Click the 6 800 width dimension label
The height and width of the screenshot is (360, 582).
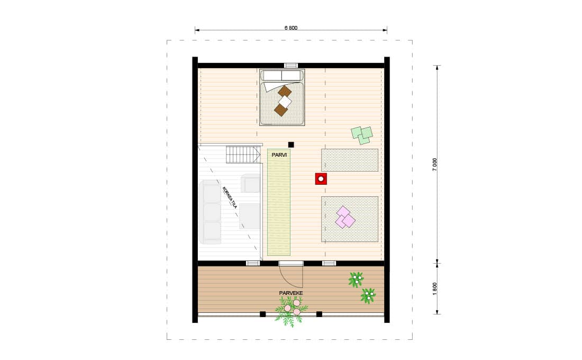[x=290, y=28]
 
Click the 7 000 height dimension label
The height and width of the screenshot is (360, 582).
[x=434, y=165]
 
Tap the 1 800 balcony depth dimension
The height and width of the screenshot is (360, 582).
[x=434, y=289]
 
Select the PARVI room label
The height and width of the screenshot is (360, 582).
[x=279, y=155]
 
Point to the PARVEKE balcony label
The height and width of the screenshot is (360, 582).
[x=291, y=293]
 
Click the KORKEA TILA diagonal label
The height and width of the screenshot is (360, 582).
[x=230, y=197]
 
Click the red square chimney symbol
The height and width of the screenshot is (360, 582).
[x=321, y=179]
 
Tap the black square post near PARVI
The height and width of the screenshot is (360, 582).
[x=291, y=145]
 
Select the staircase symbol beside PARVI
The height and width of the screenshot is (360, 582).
[x=243, y=155]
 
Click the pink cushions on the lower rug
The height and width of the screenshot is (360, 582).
[x=345, y=218]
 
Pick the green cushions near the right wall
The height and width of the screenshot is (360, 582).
[x=361, y=135]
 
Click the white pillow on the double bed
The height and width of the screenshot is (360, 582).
[x=285, y=101]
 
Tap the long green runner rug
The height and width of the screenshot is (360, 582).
[x=279, y=202]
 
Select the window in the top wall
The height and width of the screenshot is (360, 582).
[x=291, y=66]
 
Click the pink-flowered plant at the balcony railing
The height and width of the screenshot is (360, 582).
[x=292, y=311]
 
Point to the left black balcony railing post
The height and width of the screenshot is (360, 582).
[x=262, y=314]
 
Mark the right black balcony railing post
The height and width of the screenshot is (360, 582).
[x=319, y=314]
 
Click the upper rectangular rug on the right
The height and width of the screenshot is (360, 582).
[x=350, y=160]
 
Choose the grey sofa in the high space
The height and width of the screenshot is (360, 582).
[x=211, y=212]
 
